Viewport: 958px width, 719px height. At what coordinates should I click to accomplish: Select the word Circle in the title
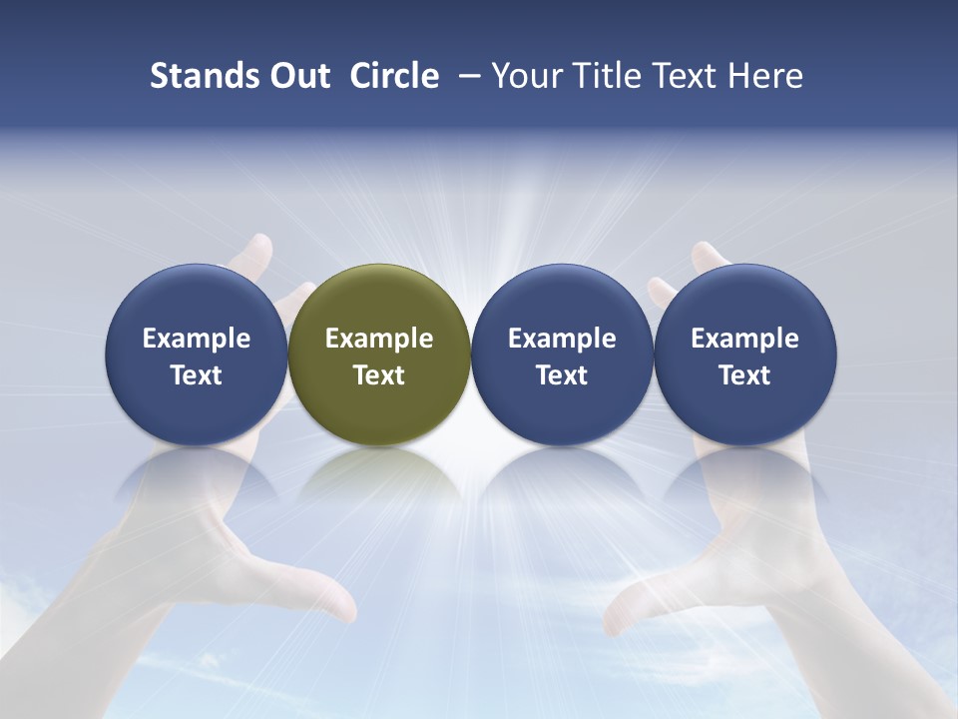[394, 76]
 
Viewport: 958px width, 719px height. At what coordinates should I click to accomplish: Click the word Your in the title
[525, 76]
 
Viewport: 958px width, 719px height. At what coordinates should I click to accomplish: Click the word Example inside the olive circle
[379, 339]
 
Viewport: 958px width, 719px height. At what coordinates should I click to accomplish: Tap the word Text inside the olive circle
[379, 375]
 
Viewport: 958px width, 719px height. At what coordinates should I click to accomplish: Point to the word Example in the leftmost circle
[197, 339]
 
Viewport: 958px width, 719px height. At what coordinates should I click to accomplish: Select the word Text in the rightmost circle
[745, 375]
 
